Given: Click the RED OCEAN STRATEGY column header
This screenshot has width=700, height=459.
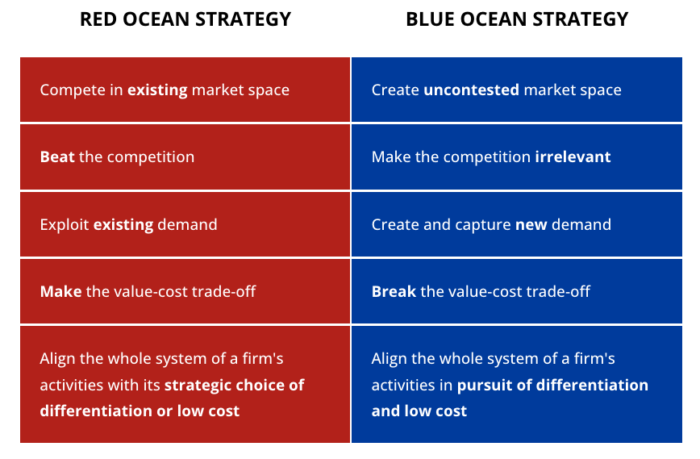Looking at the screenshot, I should [185, 19].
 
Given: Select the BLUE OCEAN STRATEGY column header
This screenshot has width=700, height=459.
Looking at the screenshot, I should [517, 19].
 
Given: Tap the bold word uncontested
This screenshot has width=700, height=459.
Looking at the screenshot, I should [471, 90].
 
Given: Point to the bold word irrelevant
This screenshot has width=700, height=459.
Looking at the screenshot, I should [573, 156].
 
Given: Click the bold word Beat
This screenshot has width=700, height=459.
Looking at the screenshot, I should [56, 156].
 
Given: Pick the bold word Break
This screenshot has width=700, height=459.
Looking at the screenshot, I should [394, 290].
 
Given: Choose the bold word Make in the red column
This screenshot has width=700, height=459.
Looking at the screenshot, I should [60, 290].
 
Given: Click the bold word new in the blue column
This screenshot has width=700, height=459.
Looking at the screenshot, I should [531, 224].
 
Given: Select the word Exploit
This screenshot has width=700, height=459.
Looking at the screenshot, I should [65, 224].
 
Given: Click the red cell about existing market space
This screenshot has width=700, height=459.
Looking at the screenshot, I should [185, 90].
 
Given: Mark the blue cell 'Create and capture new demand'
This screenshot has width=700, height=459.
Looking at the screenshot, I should [517, 224].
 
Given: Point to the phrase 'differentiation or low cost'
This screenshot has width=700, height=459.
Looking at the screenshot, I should [140, 411].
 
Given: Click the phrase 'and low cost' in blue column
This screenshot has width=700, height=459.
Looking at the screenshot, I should [419, 411].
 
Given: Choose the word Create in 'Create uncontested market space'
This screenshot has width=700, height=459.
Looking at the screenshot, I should [395, 90].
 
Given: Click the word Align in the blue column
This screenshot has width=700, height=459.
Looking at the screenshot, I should [390, 358].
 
